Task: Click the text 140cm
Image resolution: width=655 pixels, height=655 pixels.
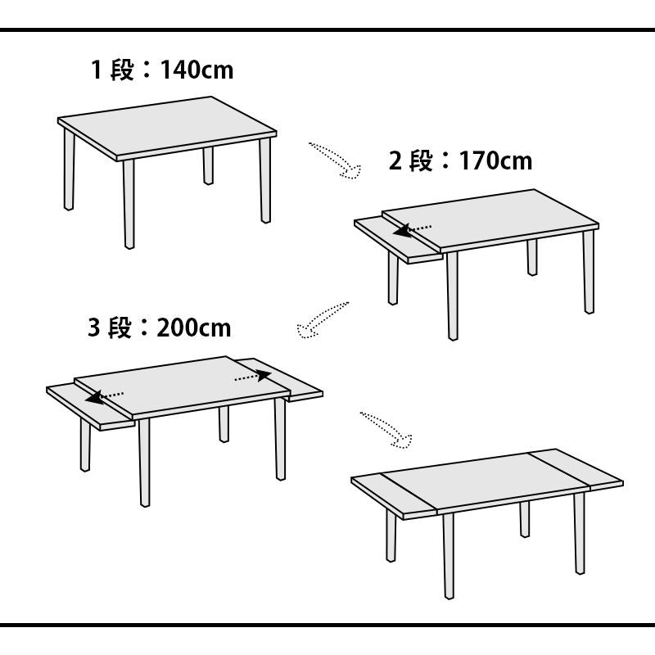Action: (x=196, y=70)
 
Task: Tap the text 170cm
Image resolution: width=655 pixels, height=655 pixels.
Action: (x=495, y=160)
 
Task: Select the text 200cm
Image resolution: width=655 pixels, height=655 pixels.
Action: (x=193, y=327)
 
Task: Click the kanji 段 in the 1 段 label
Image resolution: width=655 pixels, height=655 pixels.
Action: (x=122, y=70)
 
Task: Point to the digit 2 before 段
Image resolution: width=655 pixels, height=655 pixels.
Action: (x=395, y=160)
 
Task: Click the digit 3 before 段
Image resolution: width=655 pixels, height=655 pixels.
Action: (x=94, y=327)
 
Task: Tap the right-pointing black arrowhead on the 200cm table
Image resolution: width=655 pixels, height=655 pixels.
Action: (x=263, y=375)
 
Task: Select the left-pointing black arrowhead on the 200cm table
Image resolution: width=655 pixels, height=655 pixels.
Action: (x=95, y=398)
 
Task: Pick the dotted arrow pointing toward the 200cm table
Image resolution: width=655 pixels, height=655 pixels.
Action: (x=321, y=320)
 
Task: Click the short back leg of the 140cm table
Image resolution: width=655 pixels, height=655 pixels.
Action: (x=208, y=165)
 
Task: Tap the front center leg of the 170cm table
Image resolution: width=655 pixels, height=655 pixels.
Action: (x=453, y=296)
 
